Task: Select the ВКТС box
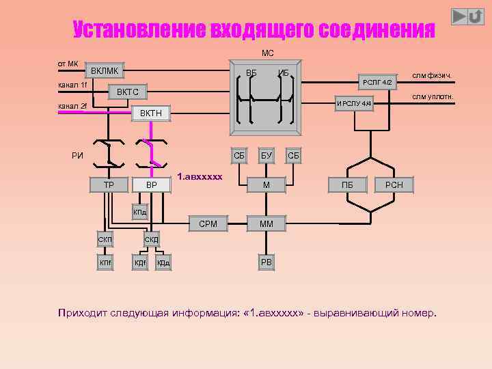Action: tap(128, 92)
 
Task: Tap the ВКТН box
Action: tap(151, 113)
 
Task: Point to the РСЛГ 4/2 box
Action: tap(377, 82)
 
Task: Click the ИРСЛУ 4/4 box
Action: tap(354, 103)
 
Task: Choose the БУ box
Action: tap(266, 156)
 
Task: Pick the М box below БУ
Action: tap(266, 184)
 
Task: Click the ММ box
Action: tap(266, 223)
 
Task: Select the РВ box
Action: tap(266, 262)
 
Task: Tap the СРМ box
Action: tap(208, 223)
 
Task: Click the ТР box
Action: tap(109, 184)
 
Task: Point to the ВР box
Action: tap(152, 184)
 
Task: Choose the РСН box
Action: tap(394, 184)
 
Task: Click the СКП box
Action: tap(105, 239)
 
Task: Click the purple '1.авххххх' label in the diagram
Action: tap(200, 177)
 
